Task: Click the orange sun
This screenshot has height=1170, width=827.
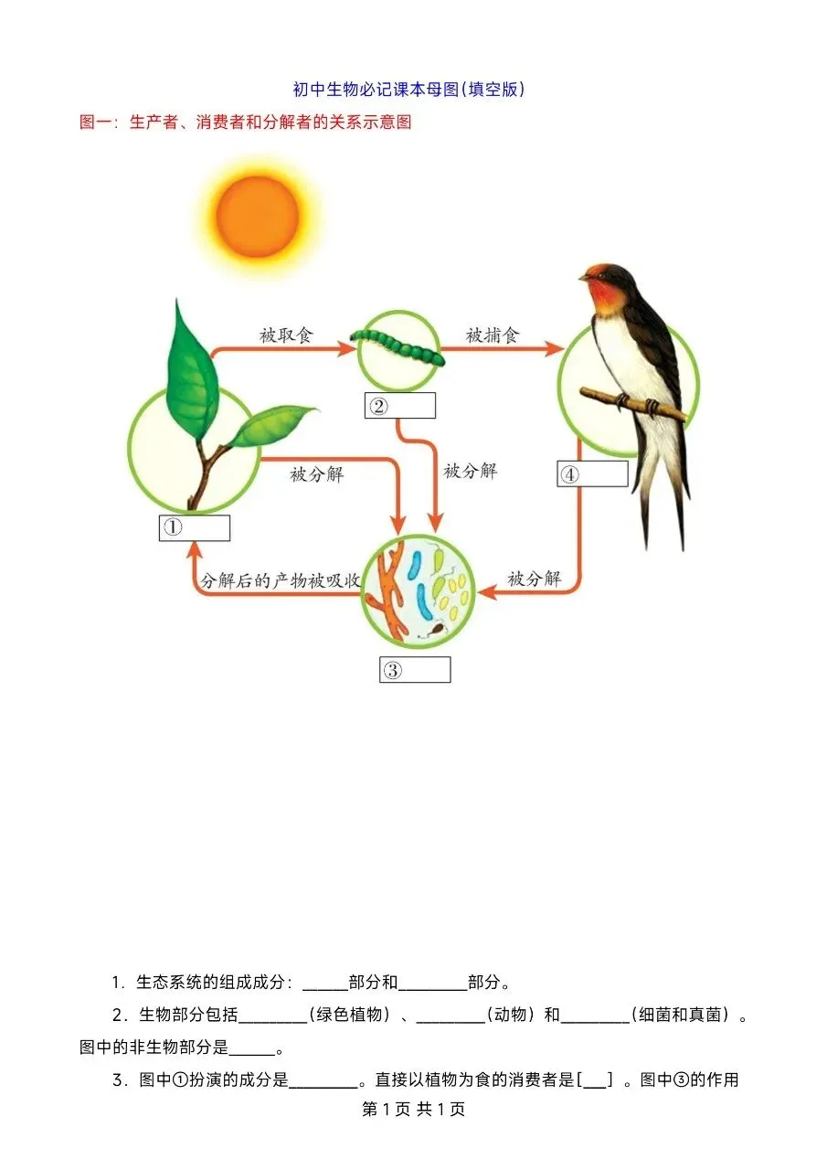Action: point(257,216)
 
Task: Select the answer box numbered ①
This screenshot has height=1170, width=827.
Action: point(194,527)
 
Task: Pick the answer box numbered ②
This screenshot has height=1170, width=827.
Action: point(399,406)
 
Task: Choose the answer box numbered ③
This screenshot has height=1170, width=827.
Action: point(415,669)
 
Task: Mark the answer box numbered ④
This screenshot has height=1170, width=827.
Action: point(592,473)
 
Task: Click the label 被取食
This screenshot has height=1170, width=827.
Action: point(286,335)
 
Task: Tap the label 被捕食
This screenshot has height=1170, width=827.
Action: point(493,335)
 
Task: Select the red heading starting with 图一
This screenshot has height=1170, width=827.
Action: point(246,122)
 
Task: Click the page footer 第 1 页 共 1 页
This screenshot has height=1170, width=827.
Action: point(414,1109)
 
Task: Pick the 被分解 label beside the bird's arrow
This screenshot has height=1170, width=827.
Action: point(535,579)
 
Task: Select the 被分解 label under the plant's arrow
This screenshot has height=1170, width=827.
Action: point(317,473)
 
